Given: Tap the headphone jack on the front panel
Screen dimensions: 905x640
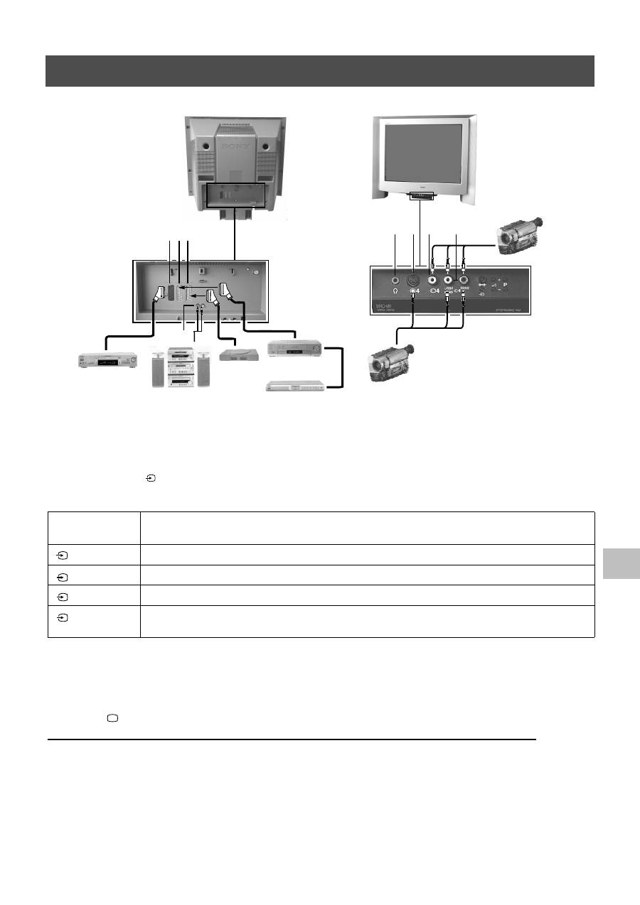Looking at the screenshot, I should [x=395, y=278].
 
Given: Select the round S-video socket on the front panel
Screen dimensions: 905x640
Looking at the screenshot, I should [x=413, y=278].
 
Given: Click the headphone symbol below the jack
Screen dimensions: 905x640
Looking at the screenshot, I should [x=395, y=291].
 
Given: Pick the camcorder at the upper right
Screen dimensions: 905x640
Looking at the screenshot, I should [x=522, y=234].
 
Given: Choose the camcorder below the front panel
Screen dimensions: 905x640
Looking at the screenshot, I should [x=390, y=362].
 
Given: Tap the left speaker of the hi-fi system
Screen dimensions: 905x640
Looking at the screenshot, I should [x=158, y=367].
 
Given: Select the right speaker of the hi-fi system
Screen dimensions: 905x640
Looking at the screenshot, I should [x=204, y=367].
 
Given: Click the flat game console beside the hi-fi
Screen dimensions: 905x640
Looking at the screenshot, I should [x=238, y=356].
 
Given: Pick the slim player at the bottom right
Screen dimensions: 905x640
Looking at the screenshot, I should [x=295, y=386].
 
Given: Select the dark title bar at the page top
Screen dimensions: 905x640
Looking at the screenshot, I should [x=320, y=71].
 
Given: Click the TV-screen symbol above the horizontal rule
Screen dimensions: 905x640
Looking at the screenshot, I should [x=112, y=719].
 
